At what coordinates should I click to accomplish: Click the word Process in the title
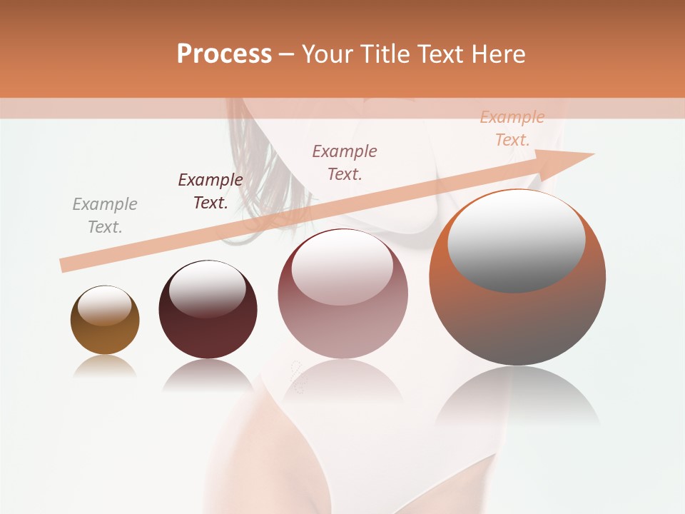[224, 54]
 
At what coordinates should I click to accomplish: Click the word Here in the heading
[499, 54]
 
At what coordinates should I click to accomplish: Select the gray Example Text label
[105, 216]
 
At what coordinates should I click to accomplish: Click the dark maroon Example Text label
[210, 191]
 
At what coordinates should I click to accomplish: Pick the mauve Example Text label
[345, 162]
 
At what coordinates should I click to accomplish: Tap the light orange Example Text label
[512, 128]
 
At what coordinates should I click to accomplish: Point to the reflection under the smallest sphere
[105, 366]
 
